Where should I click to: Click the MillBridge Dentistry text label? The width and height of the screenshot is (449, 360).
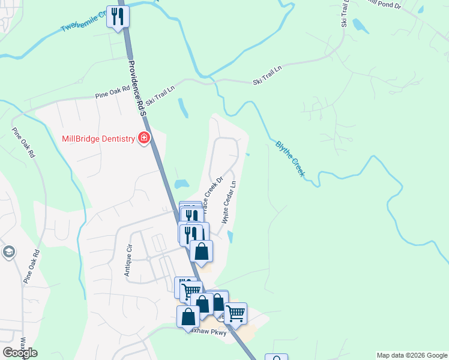pyautogui.click(x=98, y=139)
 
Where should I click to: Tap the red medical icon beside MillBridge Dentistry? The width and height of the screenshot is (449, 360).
pyautogui.click(x=143, y=139)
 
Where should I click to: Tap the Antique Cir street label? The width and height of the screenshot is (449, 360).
pyautogui.click(x=128, y=262)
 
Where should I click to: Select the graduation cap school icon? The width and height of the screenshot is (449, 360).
pyautogui.click(x=8, y=251)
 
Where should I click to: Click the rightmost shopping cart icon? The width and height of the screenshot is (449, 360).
pyautogui.click(x=236, y=313)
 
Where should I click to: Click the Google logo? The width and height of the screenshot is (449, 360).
pyautogui.click(x=20, y=353)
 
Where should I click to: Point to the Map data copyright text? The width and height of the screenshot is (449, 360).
pyautogui.click(x=411, y=355)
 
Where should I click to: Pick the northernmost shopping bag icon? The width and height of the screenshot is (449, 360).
pyautogui.click(x=201, y=251)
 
